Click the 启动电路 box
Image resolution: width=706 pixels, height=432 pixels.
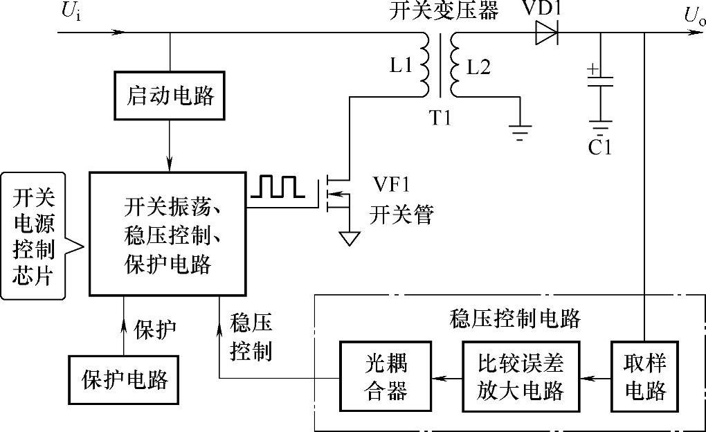coord(170,96)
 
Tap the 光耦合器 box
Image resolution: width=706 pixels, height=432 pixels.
coord(384,377)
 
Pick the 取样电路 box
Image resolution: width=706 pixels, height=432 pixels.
coord(644,377)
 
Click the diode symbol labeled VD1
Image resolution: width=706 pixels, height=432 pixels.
coord(546,32)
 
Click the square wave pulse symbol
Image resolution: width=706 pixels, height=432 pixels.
coord(276,187)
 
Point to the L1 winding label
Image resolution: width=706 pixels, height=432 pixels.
coord(401,66)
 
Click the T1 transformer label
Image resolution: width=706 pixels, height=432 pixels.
coord(439,118)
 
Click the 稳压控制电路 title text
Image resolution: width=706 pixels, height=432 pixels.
coord(514,318)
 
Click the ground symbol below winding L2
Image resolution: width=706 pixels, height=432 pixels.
coord(519,129)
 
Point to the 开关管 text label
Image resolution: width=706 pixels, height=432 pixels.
coord(401,215)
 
